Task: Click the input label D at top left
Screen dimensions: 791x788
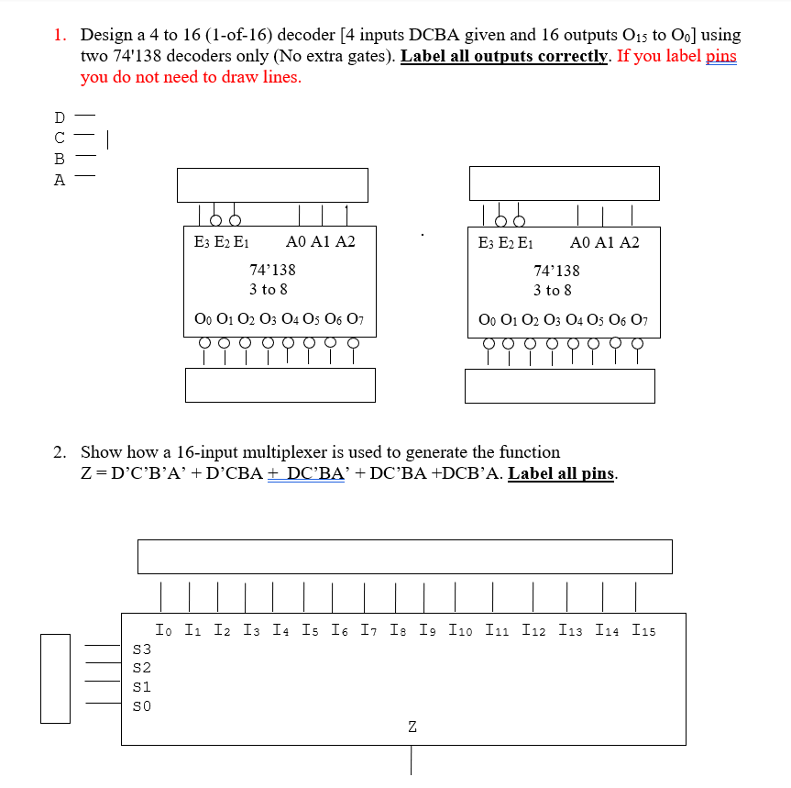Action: click(x=60, y=117)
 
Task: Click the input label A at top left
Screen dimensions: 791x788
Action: click(x=60, y=180)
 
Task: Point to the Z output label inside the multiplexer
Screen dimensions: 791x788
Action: click(x=412, y=727)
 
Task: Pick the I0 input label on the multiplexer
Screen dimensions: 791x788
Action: click(x=162, y=630)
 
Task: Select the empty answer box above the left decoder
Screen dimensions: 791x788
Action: click(x=272, y=184)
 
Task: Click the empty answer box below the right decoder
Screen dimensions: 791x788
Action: click(x=559, y=385)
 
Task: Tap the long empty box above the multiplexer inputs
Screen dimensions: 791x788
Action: click(x=404, y=556)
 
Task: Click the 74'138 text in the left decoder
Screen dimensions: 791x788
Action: click(x=272, y=270)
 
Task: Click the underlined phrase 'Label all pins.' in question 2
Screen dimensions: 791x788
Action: click(x=563, y=473)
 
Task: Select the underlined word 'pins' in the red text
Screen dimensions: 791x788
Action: click(x=720, y=56)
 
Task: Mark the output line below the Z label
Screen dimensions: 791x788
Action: click(x=412, y=760)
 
